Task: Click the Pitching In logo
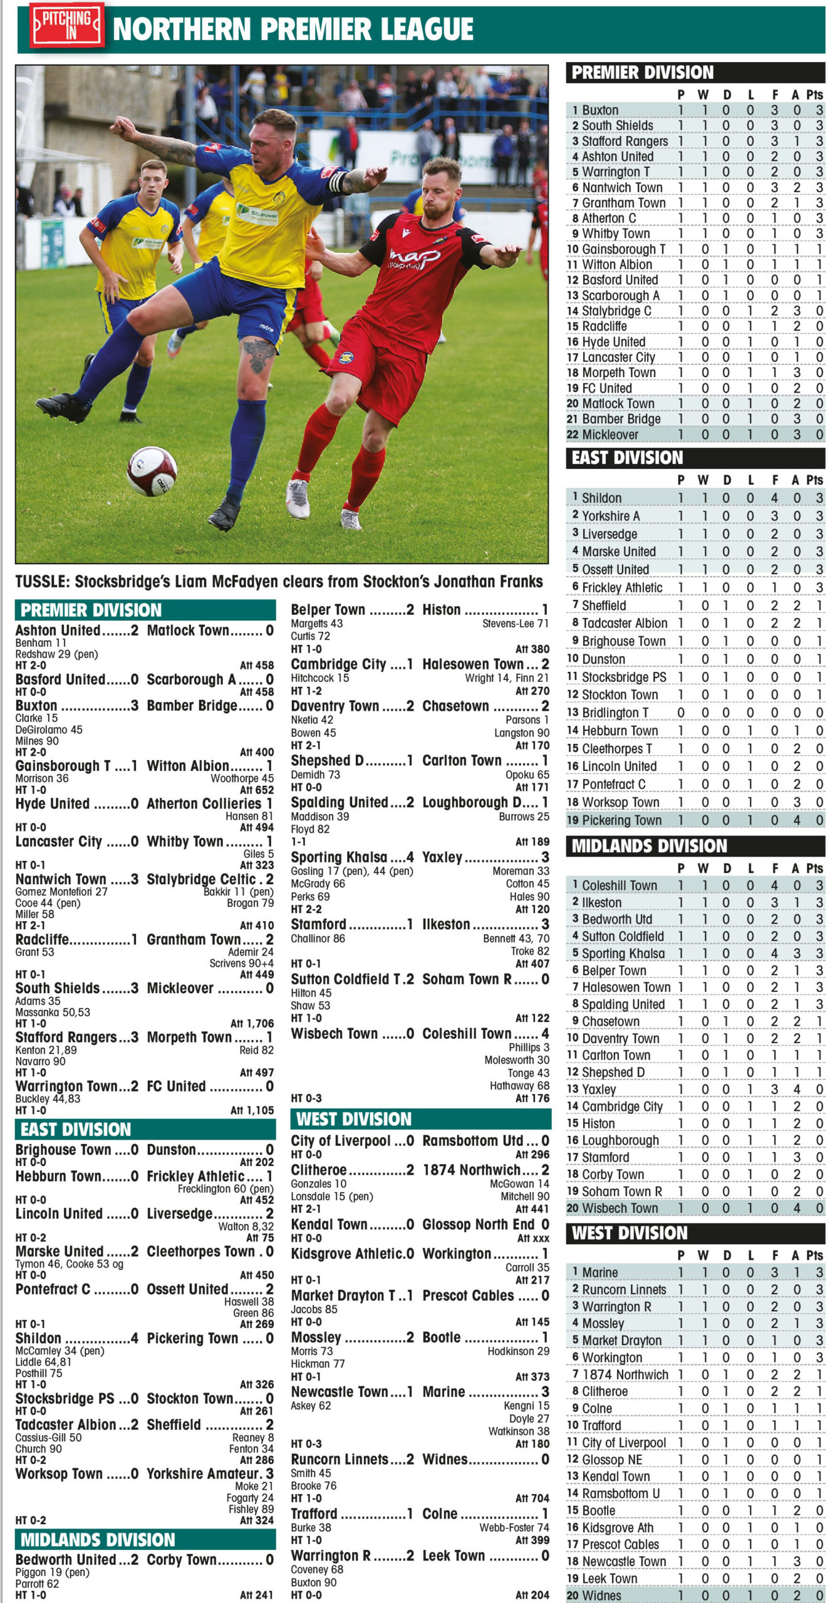pyautogui.click(x=67, y=25)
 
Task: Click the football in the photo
pyautogui.click(x=152, y=471)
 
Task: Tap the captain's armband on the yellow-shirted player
pyautogui.click(x=338, y=182)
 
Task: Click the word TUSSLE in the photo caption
pyautogui.click(x=41, y=582)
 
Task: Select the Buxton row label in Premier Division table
pyautogui.click(x=599, y=110)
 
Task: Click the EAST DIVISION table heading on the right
pyautogui.click(x=627, y=458)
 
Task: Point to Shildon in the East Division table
pyautogui.click(x=601, y=498)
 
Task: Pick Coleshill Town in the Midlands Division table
pyautogui.click(x=619, y=885)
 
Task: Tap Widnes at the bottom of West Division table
pyautogui.click(x=601, y=1595)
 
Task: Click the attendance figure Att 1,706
pyautogui.click(x=252, y=1023)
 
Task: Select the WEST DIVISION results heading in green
pyautogui.click(x=353, y=1119)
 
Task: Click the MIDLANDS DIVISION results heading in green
pyautogui.click(x=98, y=1540)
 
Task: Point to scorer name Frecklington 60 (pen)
pyautogui.click(x=226, y=1188)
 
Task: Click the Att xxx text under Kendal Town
pyautogui.click(x=532, y=1238)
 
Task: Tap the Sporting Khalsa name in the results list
pyautogui.click(x=338, y=857)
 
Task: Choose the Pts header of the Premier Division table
pyautogui.click(x=814, y=95)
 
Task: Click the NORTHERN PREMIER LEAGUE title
pyautogui.click(x=293, y=29)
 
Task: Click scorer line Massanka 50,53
pyautogui.click(x=53, y=1012)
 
